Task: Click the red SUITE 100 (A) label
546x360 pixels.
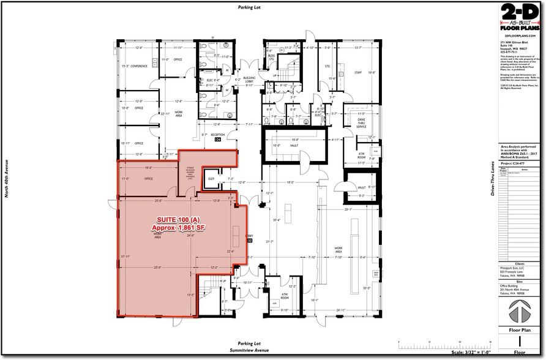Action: [178, 220]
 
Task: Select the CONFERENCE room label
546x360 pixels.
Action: [139, 66]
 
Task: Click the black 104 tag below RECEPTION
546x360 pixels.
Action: [217, 140]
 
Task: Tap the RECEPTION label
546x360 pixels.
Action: [219, 134]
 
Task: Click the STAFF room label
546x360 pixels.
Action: [358, 72]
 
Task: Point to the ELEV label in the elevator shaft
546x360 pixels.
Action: [211, 179]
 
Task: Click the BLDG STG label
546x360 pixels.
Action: [272, 57]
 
